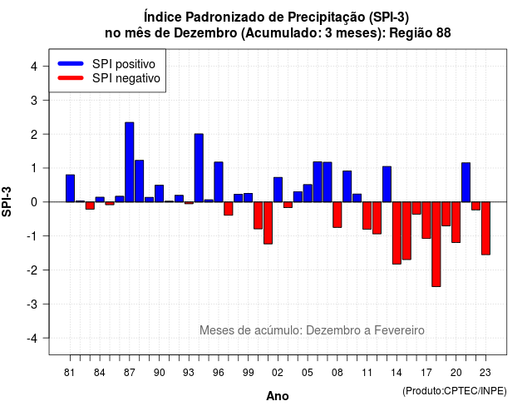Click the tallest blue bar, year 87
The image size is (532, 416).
pos(130,162)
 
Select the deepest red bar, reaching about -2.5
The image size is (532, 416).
pos(436,244)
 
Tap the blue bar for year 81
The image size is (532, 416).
pos(70,189)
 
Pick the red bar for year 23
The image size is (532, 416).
pos(485,228)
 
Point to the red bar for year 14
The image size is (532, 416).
pos(397,233)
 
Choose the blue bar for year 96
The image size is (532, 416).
pos(219,182)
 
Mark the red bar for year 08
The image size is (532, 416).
pos(337,215)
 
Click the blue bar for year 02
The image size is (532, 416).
pos(278,190)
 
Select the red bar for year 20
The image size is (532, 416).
pos(456,222)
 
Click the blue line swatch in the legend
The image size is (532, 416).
pos(71,63)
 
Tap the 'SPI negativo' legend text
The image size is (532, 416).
pos(126,78)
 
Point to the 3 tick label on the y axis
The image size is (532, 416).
pos(34,100)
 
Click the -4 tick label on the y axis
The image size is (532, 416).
pos(32,339)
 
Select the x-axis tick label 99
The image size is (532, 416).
pos(248,373)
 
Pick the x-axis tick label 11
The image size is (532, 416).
pos(367,373)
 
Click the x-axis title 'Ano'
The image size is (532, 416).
pos(278,396)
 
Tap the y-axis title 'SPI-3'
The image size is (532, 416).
pos(7,201)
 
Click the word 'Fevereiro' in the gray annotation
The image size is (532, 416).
pos(399,330)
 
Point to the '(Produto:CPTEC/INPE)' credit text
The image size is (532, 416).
pos(455,391)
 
